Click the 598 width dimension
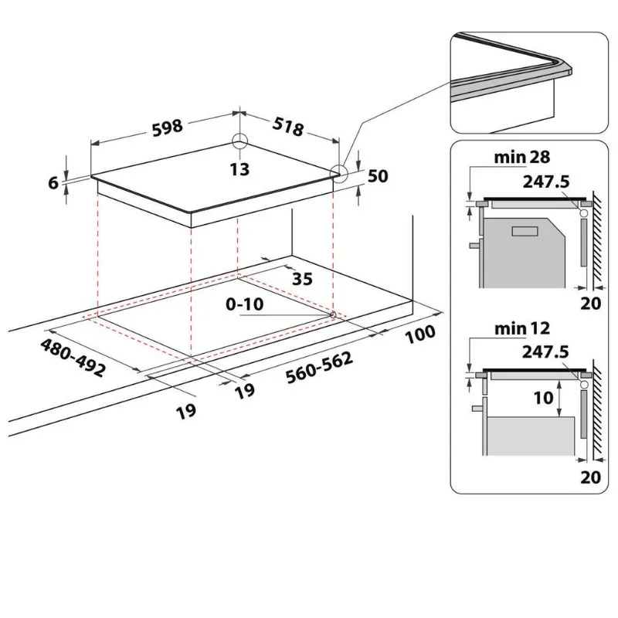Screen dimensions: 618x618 [x=168, y=127]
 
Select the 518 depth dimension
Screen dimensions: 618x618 [x=288, y=127]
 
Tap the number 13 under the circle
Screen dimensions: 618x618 [x=239, y=169]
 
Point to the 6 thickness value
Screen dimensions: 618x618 [x=53, y=183]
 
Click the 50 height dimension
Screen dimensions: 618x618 [x=378, y=176]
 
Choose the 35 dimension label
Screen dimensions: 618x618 [x=302, y=279]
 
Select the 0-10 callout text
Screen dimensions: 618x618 [x=244, y=304]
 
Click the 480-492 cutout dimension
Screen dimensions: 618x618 [x=73, y=358]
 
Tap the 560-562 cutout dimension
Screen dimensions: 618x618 [x=319, y=368]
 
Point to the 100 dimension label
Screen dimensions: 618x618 [x=420, y=334]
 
